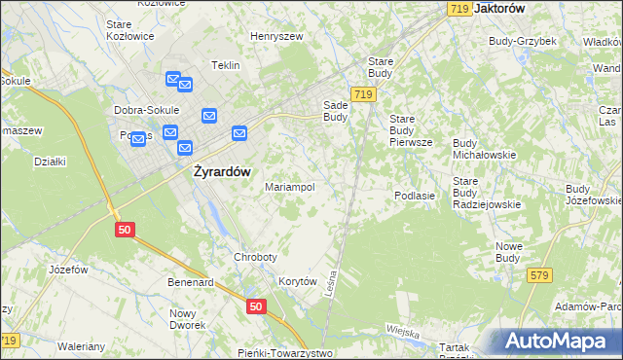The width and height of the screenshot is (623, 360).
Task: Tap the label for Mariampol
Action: pos(289,187)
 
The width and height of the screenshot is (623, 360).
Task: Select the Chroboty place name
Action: pos(255,257)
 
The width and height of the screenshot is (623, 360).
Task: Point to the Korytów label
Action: pos(299,280)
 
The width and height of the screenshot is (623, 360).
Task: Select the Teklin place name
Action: pos(226,65)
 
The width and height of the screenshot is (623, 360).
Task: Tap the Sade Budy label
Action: pos(335,110)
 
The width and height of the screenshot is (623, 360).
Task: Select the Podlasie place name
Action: pos(414,196)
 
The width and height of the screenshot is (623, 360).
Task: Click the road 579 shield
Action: pos(540,276)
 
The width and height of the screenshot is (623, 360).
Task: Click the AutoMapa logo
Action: pos(559,341)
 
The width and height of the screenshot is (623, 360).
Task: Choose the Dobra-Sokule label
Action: pos(144,110)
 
